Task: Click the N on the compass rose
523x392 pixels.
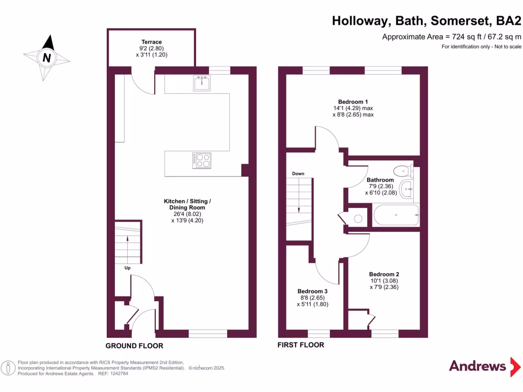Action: (46, 58)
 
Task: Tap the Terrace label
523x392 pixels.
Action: (152, 42)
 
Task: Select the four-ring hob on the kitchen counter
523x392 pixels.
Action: (202, 160)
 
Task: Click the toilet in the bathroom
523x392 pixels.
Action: (401, 170)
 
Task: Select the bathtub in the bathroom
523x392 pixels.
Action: (396, 215)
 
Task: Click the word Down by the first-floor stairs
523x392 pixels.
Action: (298, 174)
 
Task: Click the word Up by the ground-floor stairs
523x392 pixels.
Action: (127, 267)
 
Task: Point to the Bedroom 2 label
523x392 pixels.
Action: (384, 274)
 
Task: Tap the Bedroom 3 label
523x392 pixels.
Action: (312, 291)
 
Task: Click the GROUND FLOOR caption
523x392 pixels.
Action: (134, 346)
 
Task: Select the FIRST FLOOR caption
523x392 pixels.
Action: (301, 345)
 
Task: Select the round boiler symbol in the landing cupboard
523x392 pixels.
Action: (358, 218)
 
